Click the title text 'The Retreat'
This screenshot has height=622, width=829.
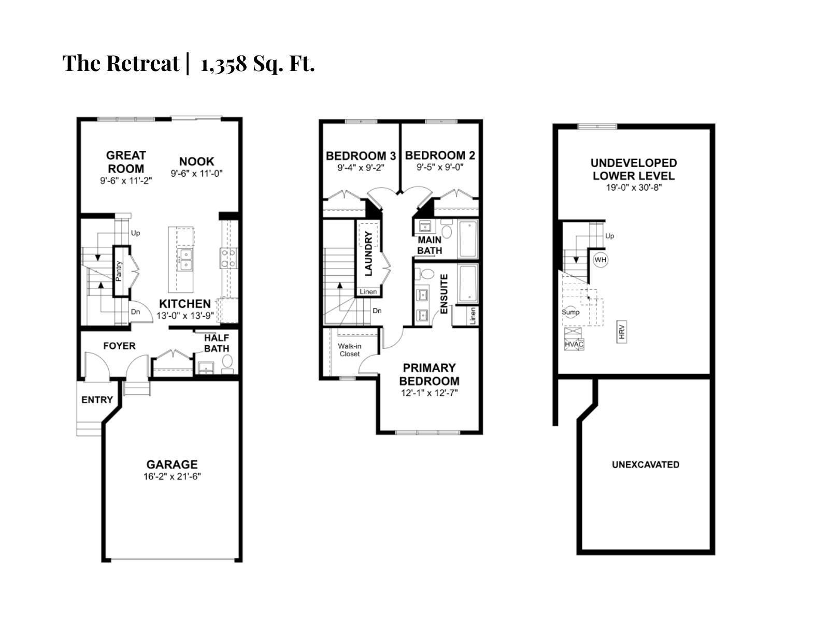[120, 63]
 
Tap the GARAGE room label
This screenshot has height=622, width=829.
[171, 464]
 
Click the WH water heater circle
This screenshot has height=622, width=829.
[600, 260]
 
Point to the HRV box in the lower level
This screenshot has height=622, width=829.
[622, 332]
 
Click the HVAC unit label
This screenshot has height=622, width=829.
[574, 344]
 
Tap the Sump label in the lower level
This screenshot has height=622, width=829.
[570, 312]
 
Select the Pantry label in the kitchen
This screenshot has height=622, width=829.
[119, 271]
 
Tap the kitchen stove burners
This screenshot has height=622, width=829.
[228, 258]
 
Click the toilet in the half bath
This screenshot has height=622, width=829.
[227, 361]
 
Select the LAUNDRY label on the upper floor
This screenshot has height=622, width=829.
[368, 253]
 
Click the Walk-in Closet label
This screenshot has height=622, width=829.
[349, 350]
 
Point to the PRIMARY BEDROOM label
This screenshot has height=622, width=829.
[429, 374]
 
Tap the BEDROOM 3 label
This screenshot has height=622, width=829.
[361, 155]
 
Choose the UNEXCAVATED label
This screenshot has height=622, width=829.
[645, 464]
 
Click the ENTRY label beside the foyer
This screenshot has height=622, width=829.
[97, 400]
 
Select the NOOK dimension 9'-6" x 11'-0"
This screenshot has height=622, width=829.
[196, 174]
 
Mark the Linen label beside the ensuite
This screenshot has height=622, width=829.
[473, 316]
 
